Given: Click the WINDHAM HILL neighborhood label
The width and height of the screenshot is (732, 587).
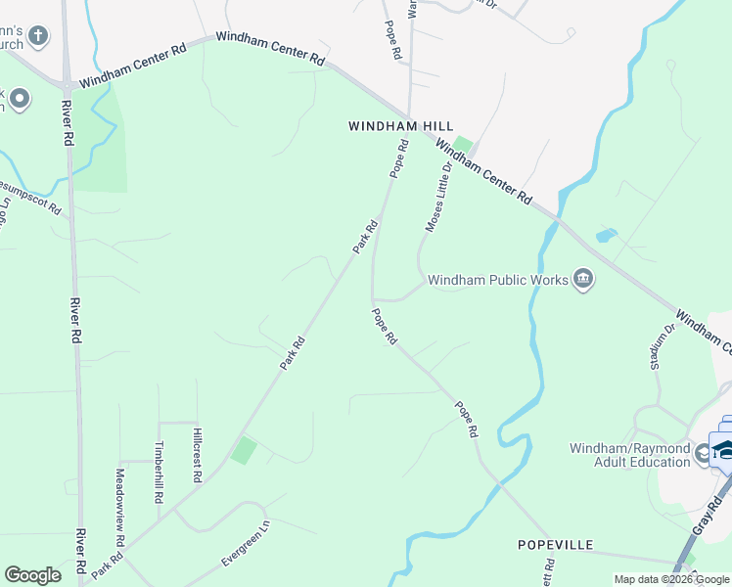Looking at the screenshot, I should (390, 127).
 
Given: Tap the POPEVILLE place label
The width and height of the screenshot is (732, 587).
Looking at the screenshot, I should (556, 544).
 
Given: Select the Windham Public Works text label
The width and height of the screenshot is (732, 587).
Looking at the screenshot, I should (498, 281).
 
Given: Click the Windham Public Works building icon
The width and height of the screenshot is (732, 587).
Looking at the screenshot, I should (584, 281).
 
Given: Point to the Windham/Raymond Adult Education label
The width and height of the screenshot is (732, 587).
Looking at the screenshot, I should (629, 456).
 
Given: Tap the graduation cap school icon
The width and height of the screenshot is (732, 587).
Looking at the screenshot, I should (723, 449).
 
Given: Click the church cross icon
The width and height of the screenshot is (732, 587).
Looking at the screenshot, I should (37, 37).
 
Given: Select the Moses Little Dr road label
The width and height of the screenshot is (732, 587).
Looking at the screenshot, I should (440, 198).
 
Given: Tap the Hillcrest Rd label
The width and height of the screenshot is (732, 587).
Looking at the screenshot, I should (197, 455).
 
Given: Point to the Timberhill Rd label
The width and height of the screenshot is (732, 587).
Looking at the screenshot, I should (160, 471).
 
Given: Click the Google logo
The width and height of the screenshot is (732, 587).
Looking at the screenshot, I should (32, 575).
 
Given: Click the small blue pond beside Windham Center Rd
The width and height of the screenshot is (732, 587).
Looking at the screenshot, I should (607, 236).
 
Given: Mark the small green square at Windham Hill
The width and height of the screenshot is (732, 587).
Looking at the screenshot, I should (462, 145).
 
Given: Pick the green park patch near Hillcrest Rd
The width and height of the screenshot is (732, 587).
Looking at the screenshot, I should (243, 451).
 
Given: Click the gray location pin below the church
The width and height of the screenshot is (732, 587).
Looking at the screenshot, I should (20, 99).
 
